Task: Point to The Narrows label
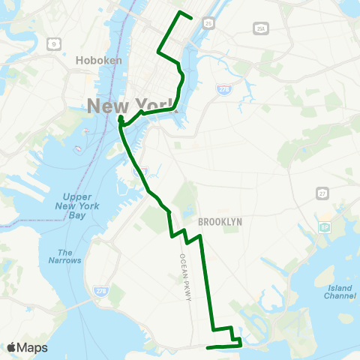tap(65, 257)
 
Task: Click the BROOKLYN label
tap(220, 222)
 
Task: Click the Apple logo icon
tap(11, 347)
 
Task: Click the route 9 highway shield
tap(52, 43)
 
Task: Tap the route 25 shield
tap(208, 23)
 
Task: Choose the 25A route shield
tap(260, 28)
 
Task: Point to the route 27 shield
tap(322, 193)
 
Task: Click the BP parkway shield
tap(325, 226)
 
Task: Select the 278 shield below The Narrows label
tap(100, 289)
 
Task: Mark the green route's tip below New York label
tap(119, 118)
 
